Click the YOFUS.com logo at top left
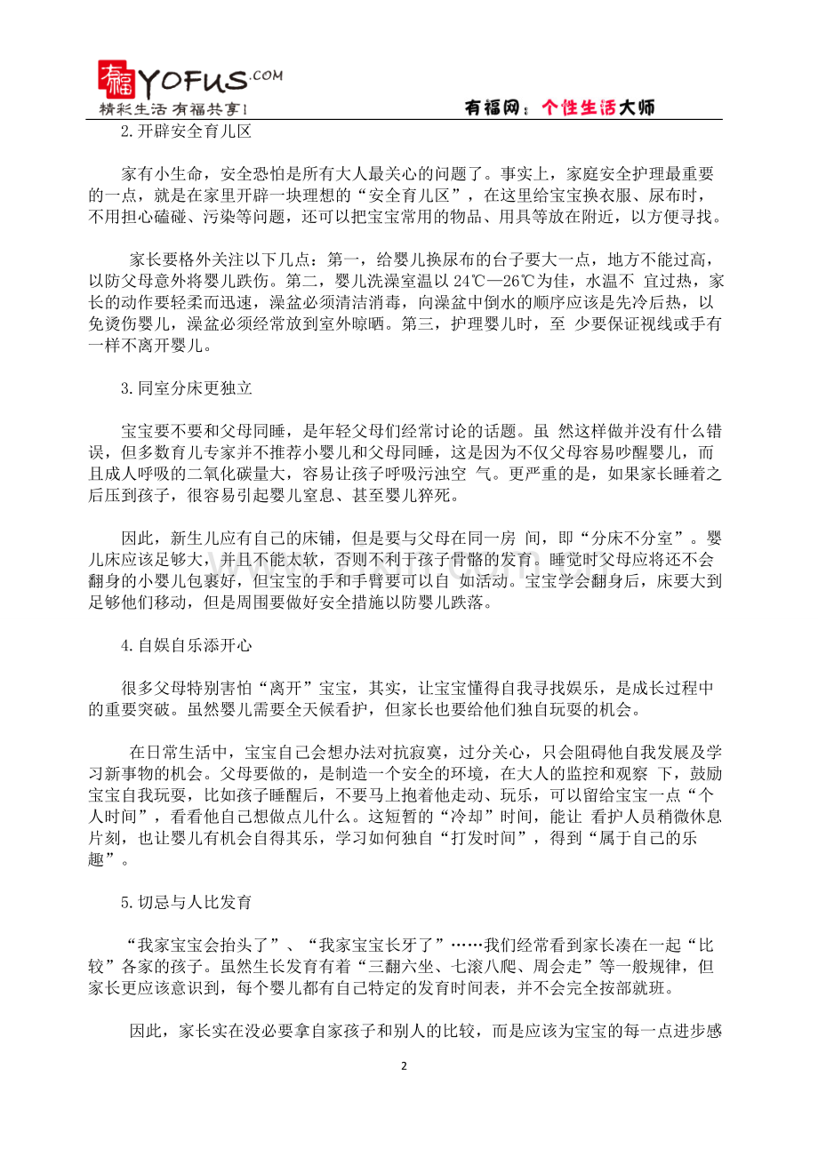(187, 81)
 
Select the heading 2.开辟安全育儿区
(187, 132)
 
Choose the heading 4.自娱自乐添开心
(187, 646)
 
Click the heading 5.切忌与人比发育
(187, 902)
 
